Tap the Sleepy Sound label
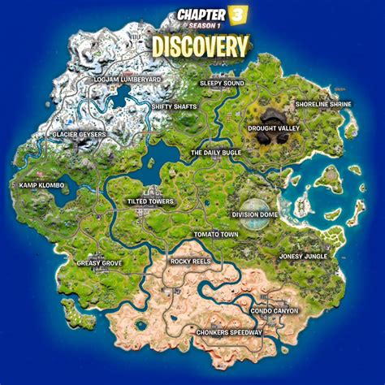tap(223, 83)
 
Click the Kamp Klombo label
tap(41, 184)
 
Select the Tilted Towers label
tap(150, 201)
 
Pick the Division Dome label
tap(256, 215)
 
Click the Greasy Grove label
tap(99, 262)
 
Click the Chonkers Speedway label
tap(230, 332)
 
